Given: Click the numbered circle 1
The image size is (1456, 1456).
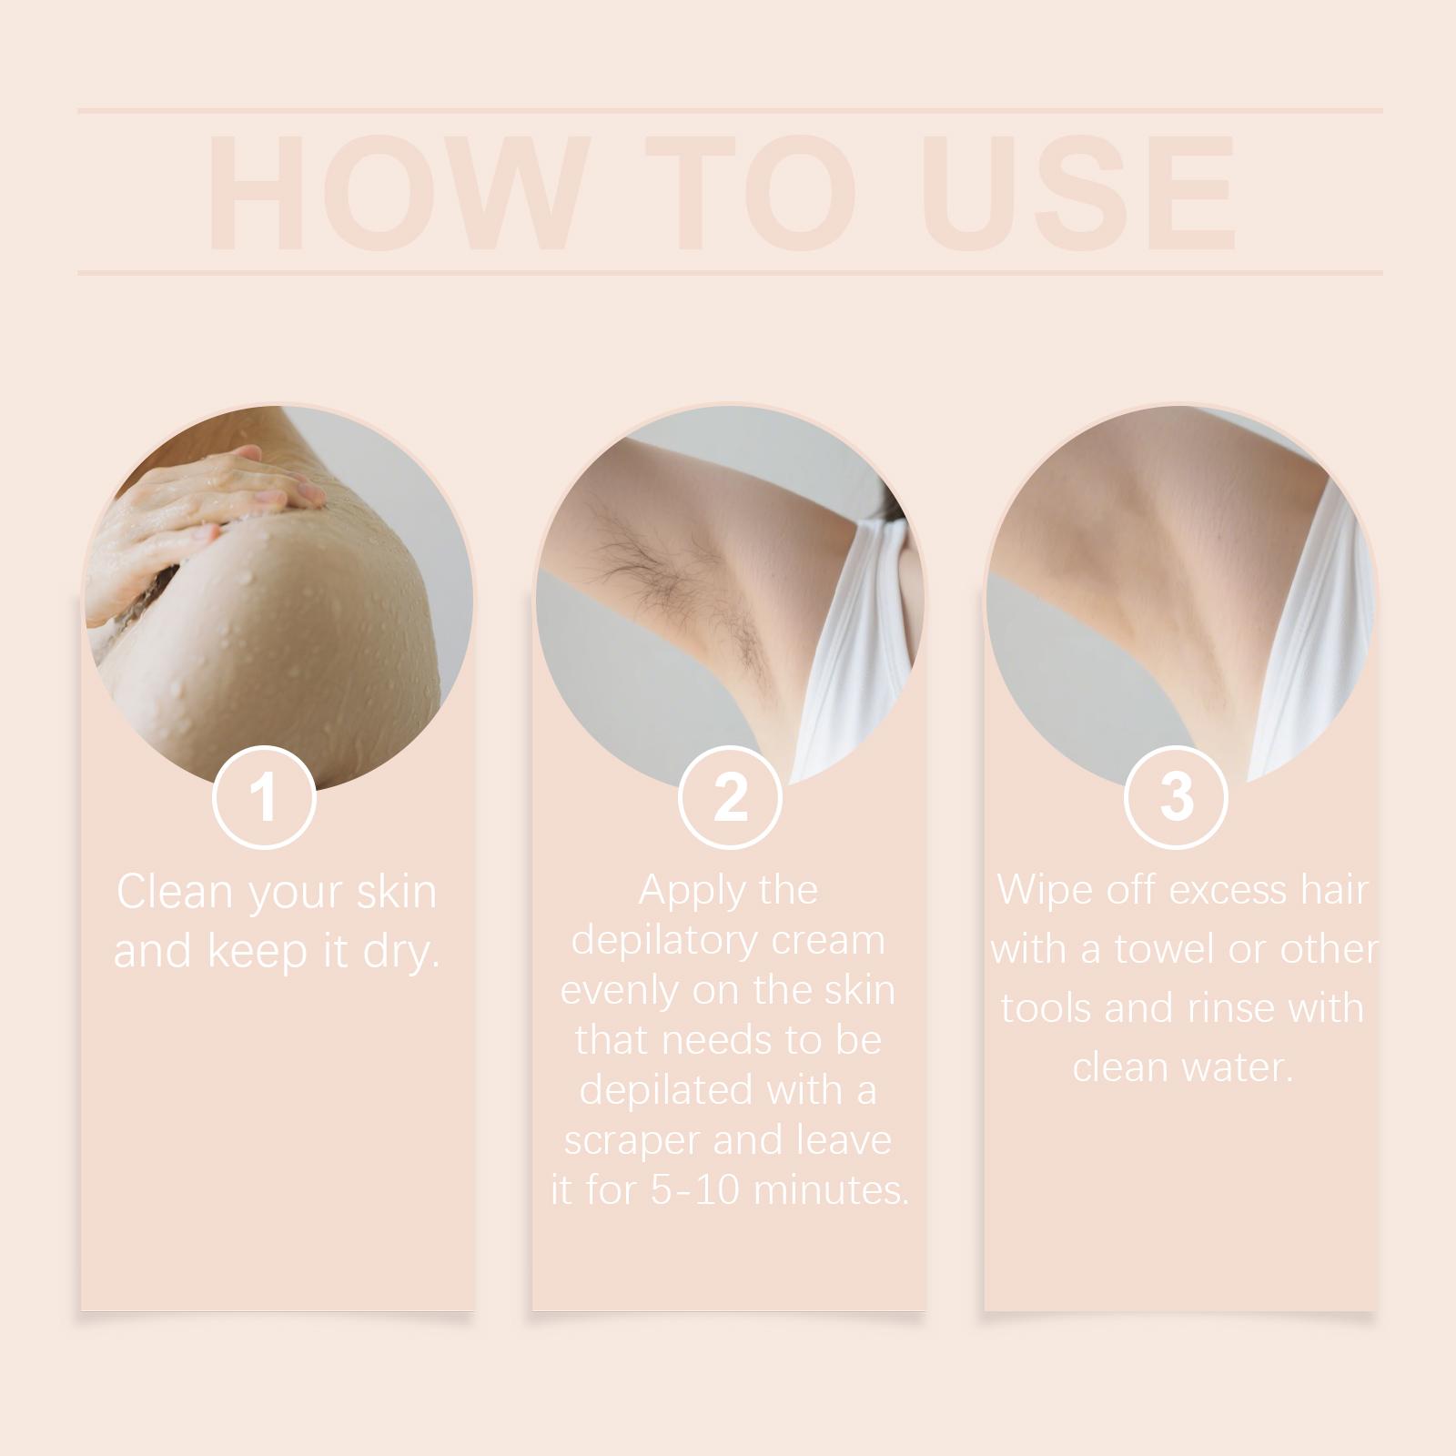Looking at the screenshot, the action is (264, 797).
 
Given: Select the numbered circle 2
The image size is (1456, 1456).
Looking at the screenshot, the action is (730, 797).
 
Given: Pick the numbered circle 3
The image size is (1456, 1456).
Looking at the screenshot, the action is (1176, 797).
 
